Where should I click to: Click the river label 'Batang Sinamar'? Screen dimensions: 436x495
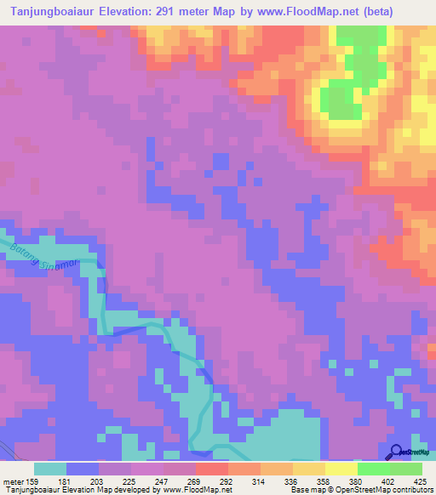pyautogui.click(x=51, y=255)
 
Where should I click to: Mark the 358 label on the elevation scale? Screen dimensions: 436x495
pyautogui.click(x=313, y=480)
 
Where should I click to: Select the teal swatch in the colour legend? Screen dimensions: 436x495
pyautogui.click(x=50, y=469)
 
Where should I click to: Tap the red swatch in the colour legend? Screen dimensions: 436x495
pyautogui.click(x=212, y=469)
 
